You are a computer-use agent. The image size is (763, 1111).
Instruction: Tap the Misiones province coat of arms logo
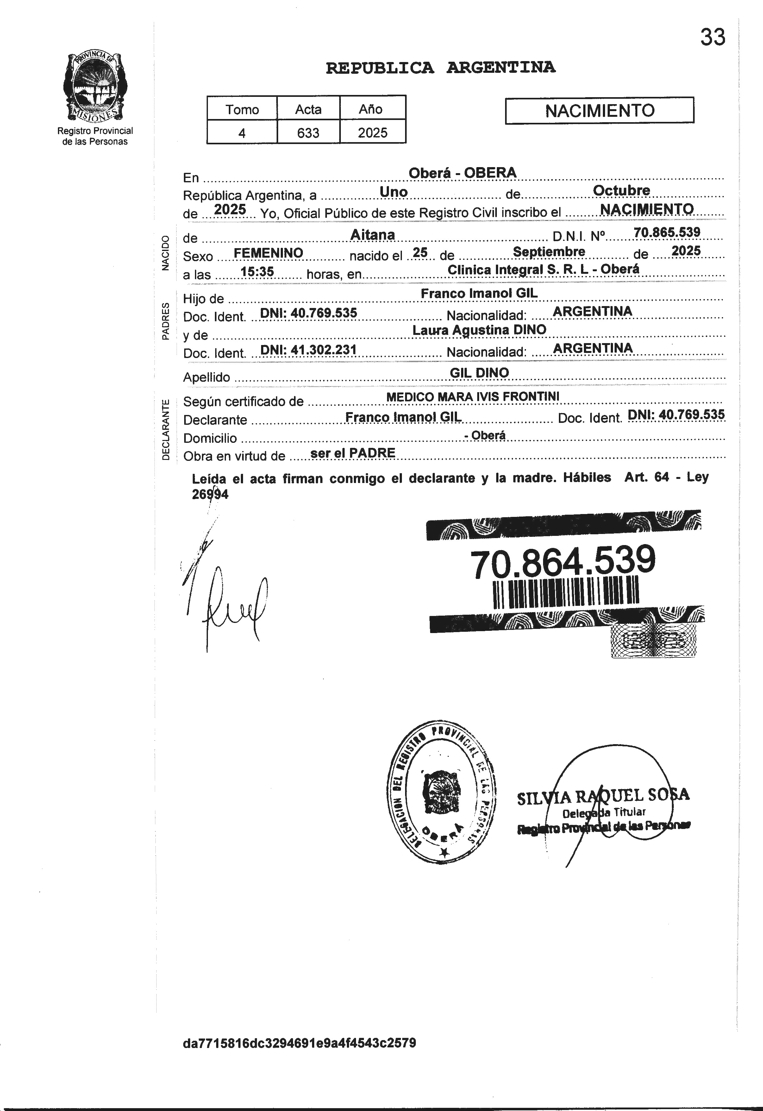(x=95, y=87)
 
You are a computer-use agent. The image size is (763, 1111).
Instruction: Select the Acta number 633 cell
(x=308, y=132)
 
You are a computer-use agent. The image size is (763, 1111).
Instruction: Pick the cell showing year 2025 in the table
(x=372, y=132)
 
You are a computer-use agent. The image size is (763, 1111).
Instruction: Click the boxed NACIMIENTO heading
(x=599, y=111)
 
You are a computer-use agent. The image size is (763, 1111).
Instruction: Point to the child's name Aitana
(x=372, y=235)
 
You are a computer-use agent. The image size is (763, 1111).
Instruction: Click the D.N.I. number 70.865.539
(x=666, y=232)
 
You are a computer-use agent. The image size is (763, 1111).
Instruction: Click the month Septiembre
(x=549, y=251)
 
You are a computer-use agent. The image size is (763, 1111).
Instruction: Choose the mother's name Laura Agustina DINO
(x=479, y=330)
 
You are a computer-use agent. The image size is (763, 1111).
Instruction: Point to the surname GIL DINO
(x=479, y=373)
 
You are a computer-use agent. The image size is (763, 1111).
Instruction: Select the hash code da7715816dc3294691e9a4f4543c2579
(x=299, y=1043)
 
